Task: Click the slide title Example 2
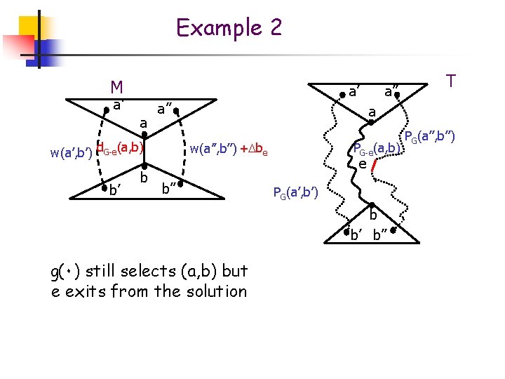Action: click(229, 28)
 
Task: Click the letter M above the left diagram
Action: click(117, 87)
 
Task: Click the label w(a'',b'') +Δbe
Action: click(229, 149)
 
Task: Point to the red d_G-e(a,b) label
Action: click(120, 147)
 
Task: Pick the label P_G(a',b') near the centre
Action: click(295, 192)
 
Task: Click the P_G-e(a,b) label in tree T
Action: click(377, 149)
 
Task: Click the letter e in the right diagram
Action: click(363, 164)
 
